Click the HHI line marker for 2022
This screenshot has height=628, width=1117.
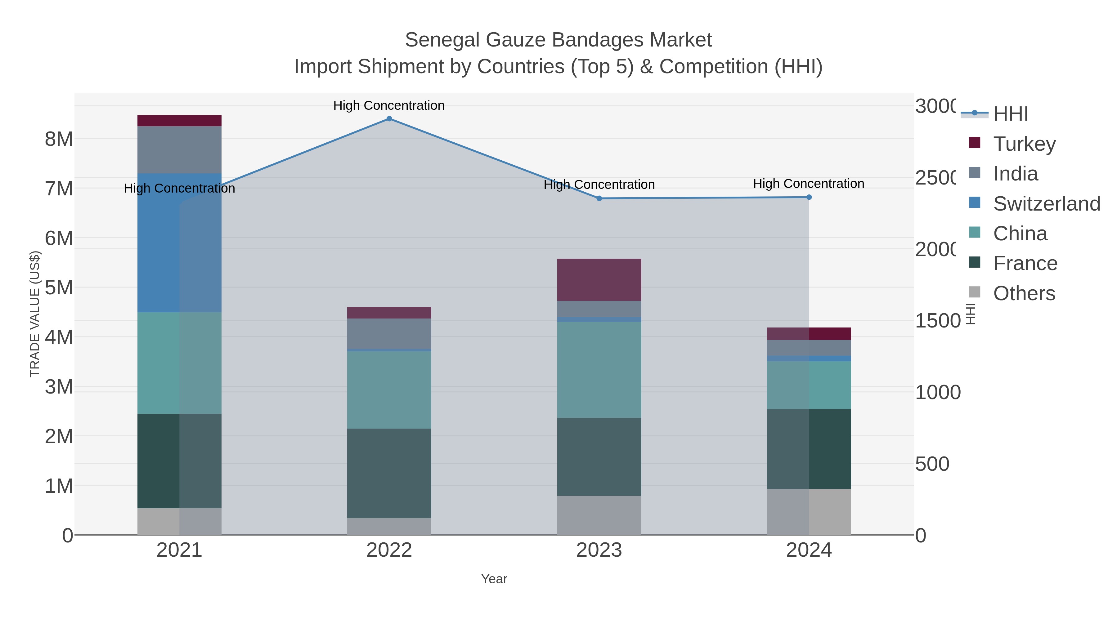point(389,119)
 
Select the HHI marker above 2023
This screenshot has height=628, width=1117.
point(599,198)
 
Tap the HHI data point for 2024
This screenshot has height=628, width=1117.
point(809,197)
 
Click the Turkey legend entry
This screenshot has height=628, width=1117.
point(1024,144)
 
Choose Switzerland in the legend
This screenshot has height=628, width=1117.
point(1046,204)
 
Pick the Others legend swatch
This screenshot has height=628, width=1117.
point(974,292)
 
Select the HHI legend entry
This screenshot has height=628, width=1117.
point(1010,114)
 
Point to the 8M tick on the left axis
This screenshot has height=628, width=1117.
point(59,139)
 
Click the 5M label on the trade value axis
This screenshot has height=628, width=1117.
point(59,287)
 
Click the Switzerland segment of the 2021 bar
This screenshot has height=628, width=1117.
point(179,243)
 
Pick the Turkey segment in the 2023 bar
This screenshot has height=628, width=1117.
point(599,279)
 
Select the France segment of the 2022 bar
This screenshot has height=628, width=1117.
point(389,473)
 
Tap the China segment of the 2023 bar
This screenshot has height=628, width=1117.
point(599,370)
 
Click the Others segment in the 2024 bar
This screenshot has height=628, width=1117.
point(809,512)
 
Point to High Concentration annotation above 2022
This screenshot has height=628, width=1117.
point(389,105)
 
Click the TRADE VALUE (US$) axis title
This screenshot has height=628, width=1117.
point(35,314)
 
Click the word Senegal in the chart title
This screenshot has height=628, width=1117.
point(442,40)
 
